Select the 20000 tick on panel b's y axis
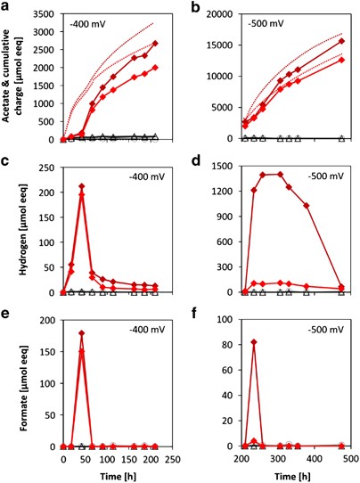point(222,12)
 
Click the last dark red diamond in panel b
point(342,41)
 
